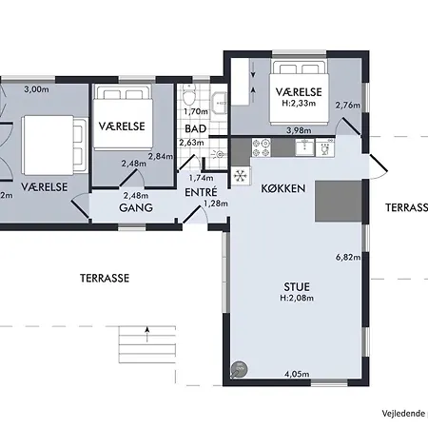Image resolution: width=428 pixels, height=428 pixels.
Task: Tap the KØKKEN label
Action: pos(282,189)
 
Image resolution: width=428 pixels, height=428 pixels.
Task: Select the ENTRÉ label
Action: pos(200,191)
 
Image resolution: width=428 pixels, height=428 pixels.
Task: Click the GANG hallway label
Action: pos(137,207)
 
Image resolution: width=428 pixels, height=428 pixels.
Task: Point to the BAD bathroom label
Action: pos(197,128)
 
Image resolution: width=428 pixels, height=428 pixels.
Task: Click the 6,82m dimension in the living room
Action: pos(349,257)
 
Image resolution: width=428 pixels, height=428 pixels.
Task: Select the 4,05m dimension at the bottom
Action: pos(297,376)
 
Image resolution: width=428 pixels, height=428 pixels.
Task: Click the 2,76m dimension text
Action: pos(349,105)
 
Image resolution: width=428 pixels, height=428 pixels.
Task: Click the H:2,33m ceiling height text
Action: pos(299,104)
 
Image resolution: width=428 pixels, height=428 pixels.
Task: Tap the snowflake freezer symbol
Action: pos(241,175)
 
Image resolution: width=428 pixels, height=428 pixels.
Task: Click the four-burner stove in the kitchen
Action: pos(262,147)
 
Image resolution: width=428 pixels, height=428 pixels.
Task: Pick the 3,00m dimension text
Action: pos(35,89)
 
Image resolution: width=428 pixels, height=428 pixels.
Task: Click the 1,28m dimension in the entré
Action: pos(217,203)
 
